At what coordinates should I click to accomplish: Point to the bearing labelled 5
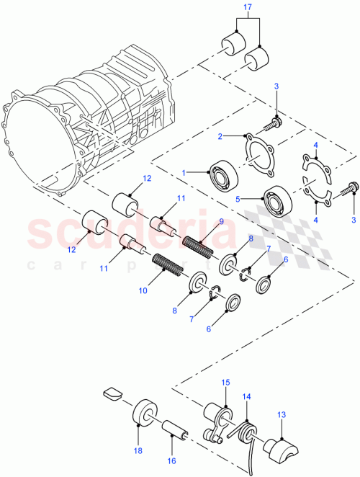(276, 198)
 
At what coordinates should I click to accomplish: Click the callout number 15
(225, 382)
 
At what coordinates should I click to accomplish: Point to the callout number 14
(246, 397)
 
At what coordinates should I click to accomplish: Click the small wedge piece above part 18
(112, 393)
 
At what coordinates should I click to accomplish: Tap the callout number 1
(186, 173)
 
